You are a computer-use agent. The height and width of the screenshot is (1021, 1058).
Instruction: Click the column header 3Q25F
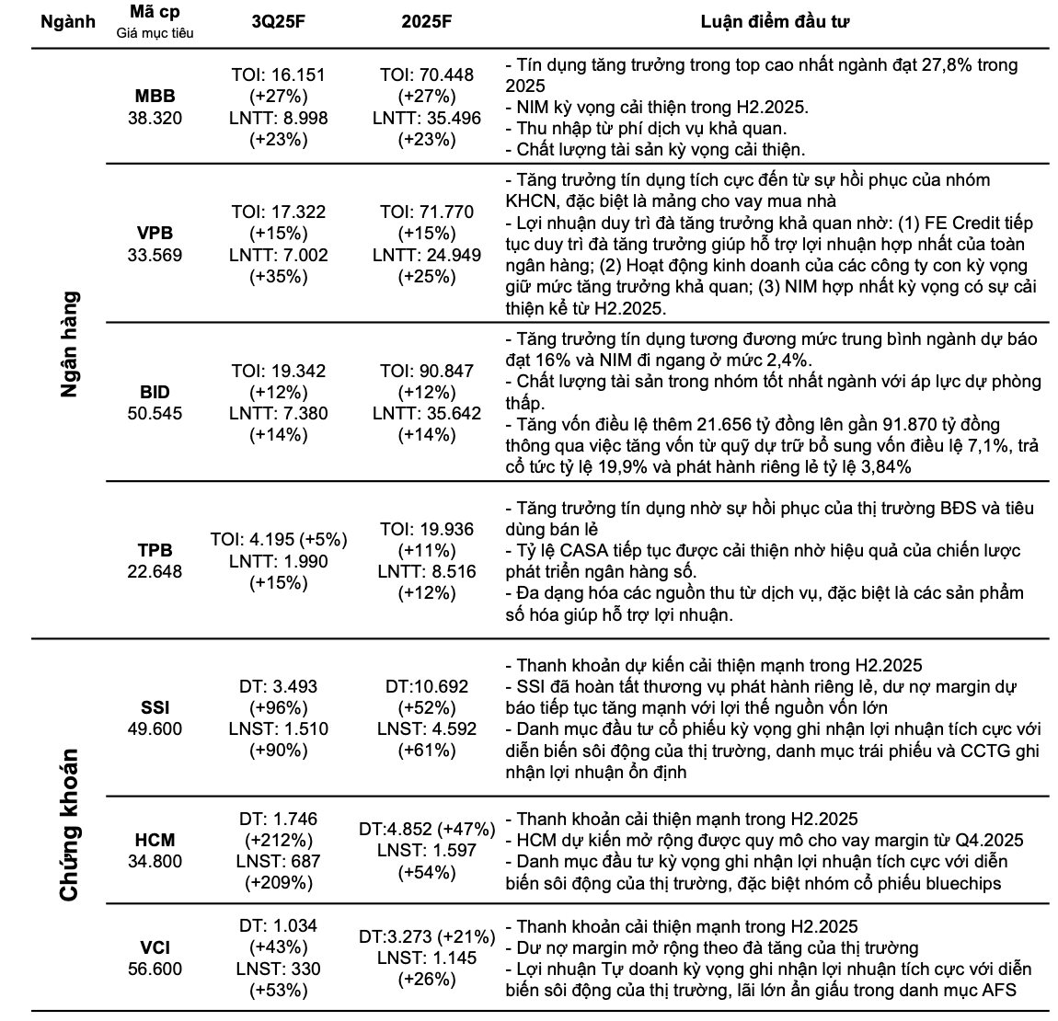[278, 25]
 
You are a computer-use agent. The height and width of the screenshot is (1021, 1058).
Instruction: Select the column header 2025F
[427, 25]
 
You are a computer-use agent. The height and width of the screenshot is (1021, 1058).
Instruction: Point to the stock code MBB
[155, 96]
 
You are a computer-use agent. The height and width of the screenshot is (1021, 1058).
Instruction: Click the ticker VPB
[155, 234]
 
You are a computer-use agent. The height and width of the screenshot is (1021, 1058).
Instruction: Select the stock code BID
[155, 393]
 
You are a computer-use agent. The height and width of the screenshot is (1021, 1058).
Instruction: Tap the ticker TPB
[155, 550]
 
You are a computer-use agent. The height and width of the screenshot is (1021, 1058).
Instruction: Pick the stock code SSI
[155, 708]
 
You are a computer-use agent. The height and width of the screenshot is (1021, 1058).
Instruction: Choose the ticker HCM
[155, 840]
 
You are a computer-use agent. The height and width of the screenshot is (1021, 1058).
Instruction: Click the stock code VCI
[155, 947]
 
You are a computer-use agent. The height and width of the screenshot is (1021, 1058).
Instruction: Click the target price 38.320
[155, 118]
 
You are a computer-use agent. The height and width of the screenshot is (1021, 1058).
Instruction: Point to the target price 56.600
[155, 969]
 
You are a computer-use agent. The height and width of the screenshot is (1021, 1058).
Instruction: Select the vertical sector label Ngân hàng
[70, 344]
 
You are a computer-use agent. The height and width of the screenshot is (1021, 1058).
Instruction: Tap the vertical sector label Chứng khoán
[70, 825]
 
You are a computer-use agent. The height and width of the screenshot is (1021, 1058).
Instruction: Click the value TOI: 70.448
[427, 75]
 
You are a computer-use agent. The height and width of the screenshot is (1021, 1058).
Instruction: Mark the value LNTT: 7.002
[278, 255]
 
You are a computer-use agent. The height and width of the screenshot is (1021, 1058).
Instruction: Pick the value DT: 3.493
[278, 687]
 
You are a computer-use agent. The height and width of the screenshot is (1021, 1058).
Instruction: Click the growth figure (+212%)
[278, 840]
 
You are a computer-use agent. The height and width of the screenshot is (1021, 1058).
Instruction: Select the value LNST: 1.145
[427, 958]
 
